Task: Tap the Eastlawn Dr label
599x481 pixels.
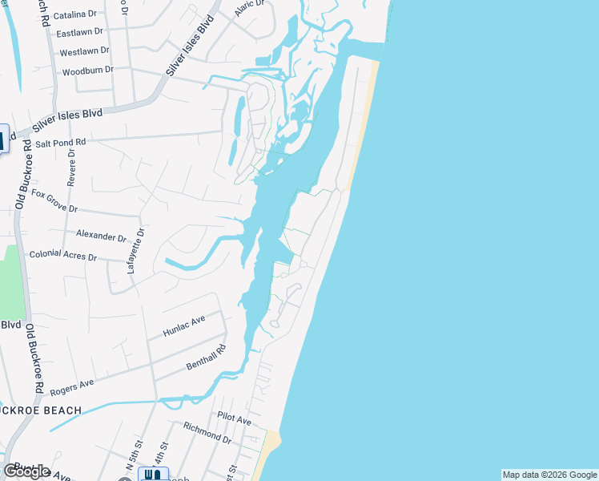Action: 81,33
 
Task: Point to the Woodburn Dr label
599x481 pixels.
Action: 87,71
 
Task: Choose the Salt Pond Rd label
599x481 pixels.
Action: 60,143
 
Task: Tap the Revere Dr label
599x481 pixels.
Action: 71,167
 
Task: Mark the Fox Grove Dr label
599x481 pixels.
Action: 54,200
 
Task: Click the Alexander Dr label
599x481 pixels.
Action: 102,236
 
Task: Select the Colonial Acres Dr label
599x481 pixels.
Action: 62,256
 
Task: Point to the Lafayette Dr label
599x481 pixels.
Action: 135,252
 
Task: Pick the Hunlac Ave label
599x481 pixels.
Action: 184,324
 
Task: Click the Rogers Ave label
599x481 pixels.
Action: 72,388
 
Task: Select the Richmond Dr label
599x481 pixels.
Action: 207,435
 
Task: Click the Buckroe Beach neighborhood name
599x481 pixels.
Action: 40,410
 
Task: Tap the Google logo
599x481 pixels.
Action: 27,471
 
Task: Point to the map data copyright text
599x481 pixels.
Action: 549,475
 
